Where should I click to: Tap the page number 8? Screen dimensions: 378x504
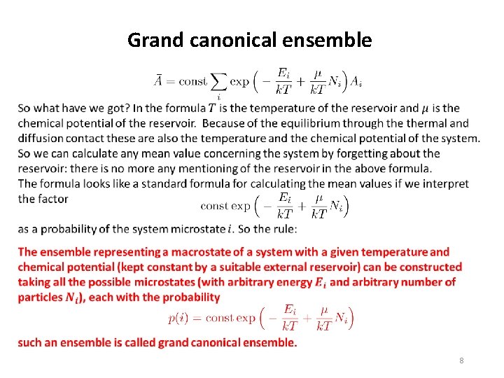coord(461,360)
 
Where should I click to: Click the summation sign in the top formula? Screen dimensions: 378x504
coord(219,82)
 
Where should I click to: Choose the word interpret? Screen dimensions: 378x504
coord(436,183)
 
